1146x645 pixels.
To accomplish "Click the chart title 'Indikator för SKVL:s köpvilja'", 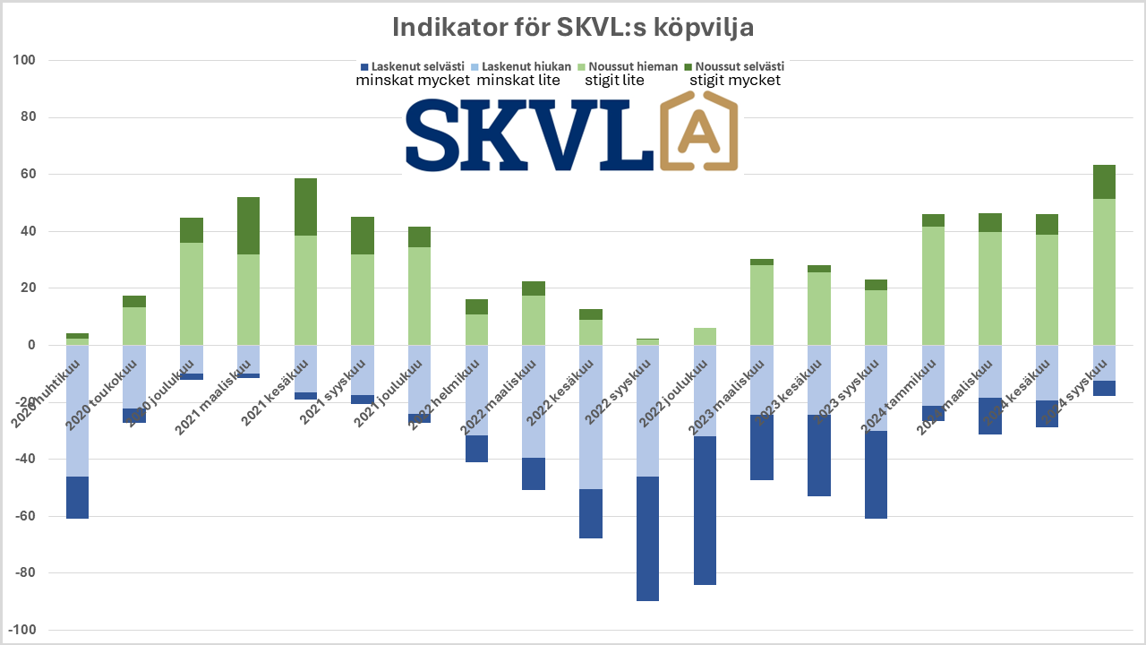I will pos(573,27).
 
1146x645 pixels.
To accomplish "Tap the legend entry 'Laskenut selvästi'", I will pos(416,66).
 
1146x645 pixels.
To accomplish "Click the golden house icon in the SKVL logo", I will pos(701,134).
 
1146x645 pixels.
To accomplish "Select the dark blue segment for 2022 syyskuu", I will pos(647,538).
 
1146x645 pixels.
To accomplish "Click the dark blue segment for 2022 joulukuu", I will pos(705,511).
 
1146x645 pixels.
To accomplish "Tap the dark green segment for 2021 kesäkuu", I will pos(305,207).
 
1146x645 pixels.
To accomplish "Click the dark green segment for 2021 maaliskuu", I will pos(248,226).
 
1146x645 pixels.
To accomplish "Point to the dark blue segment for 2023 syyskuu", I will pos(877,475).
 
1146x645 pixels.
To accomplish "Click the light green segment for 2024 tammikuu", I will pos(933,286).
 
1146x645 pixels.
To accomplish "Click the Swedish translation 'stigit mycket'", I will pos(735,81).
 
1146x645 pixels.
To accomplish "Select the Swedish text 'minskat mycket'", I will pos(413,81).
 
